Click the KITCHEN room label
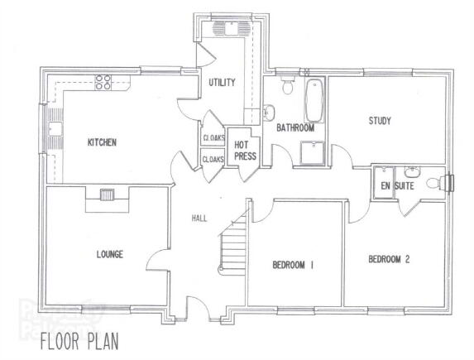(102, 142)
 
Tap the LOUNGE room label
(110, 254)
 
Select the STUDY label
(380, 121)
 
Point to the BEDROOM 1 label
(293, 265)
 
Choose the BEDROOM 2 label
(389, 259)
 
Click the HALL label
(199, 218)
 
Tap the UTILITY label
(222, 82)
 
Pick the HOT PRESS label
(245, 151)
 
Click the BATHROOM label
(295, 128)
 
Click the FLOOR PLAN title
(79, 341)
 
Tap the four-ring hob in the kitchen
(103, 82)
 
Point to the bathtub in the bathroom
(314, 100)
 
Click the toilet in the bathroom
(287, 84)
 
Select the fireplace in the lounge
(108, 194)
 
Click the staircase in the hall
(232, 247)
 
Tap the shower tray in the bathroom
(313, 152)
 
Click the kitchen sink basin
(55, 128)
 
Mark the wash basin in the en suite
(412, 172)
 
